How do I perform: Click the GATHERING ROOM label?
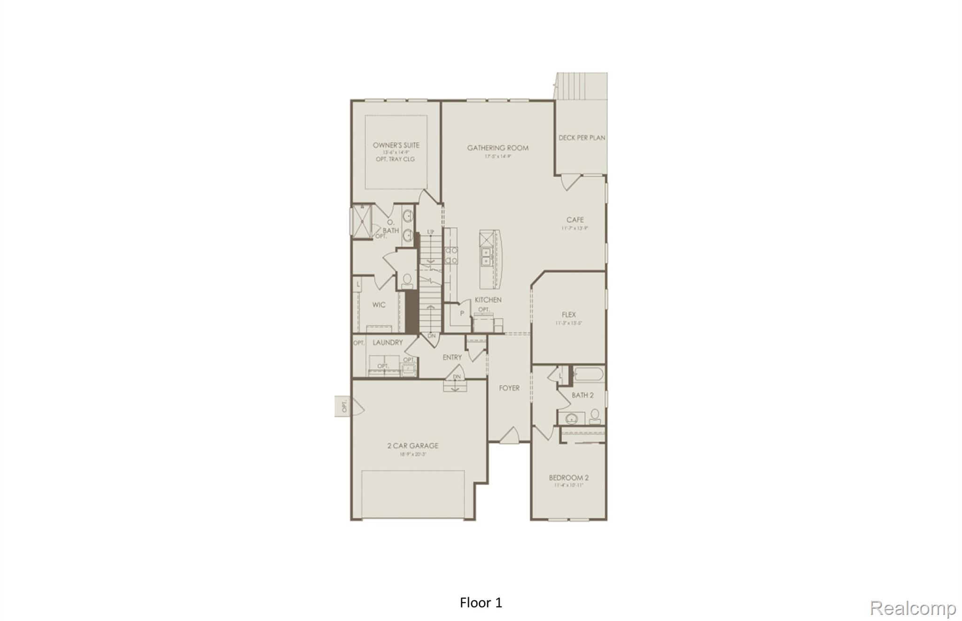coord(497,148)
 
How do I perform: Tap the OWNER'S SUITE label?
coord(396,145)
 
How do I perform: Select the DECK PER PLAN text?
coord(582,138)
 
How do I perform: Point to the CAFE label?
coord(575,220)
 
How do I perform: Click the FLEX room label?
coord(568,314)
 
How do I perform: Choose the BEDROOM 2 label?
coord(568,478)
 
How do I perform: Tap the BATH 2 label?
coord(582,395)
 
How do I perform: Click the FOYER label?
coord(509,388)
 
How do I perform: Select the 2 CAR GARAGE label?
coord(412,446)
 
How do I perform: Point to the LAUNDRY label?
coord(388,342)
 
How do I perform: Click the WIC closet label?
coord(379,305)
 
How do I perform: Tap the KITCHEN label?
coord(488,299)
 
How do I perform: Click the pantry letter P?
coord(462,313)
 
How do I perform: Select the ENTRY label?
coord(452,357)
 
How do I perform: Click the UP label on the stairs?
coord(430,232)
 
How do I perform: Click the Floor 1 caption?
coord(481,603)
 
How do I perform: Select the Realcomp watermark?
coord(913,608)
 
